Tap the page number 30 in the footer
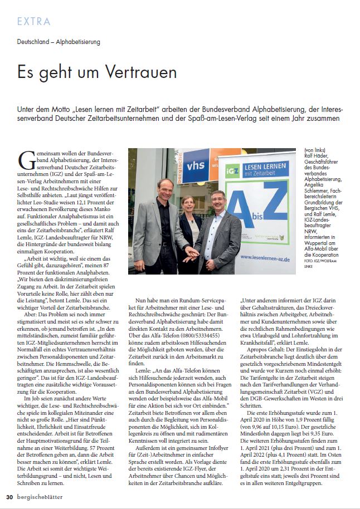[x=9, y=497]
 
